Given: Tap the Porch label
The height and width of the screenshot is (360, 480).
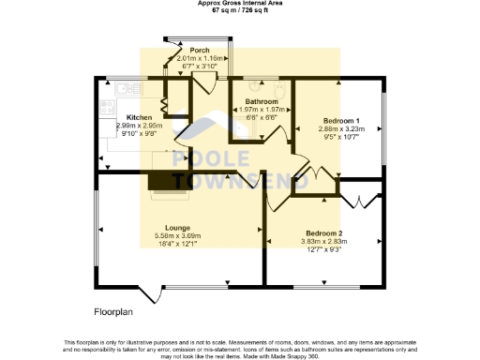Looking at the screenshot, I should click(x=200, y=50).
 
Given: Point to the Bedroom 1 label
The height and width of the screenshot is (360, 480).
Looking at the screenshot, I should click(x=342, y=121).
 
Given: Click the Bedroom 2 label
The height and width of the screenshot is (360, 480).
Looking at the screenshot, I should click(x=323, y=232).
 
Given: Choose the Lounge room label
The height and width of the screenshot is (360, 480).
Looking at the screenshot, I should click(x=178, y=228).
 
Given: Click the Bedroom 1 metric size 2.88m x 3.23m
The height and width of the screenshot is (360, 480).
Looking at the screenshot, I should click(x=342, y=128).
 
